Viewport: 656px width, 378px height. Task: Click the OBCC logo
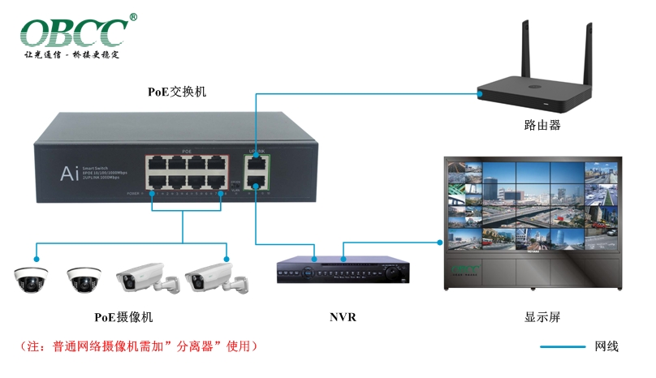73,32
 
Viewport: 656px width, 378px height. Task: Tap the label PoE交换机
176,91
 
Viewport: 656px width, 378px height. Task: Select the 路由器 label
542,125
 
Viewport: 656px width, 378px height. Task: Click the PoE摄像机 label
123,317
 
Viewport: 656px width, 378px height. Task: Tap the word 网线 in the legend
606,346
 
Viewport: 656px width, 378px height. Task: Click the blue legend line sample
563,347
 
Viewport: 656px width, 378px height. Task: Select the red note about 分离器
139,346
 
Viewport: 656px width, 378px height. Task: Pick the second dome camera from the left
84,278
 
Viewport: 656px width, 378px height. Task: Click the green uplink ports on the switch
257,173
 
